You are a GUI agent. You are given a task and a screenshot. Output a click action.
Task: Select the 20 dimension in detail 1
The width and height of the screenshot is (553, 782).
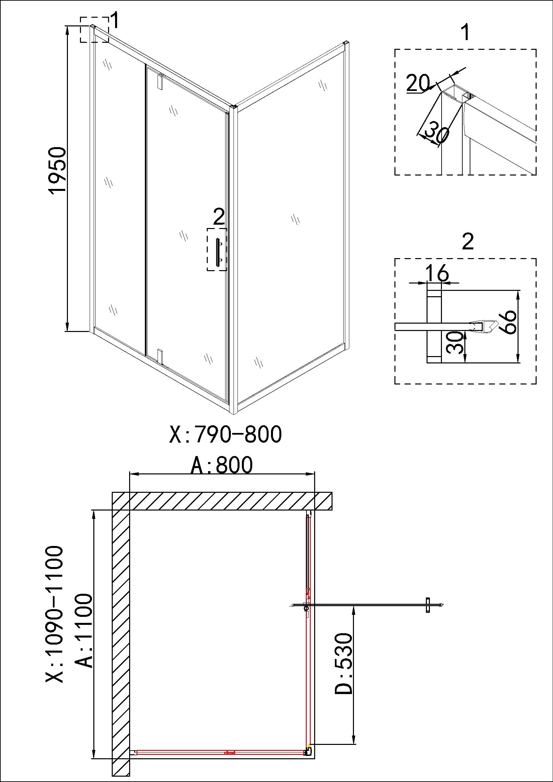pyautogui.click(x=418, y=83)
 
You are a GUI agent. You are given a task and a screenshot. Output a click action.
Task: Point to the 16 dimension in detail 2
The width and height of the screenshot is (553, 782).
pyautogui.click(x=438, y=272)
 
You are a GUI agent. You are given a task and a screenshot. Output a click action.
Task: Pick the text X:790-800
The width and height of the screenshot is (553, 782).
pyautogui.click(x=225, y=434)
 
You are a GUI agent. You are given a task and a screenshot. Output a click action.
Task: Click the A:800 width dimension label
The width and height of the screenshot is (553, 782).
pyautogui.click(x=221, y=465)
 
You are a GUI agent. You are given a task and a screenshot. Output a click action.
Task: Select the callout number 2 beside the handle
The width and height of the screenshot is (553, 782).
pyautogui.click(x=218, y=217)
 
